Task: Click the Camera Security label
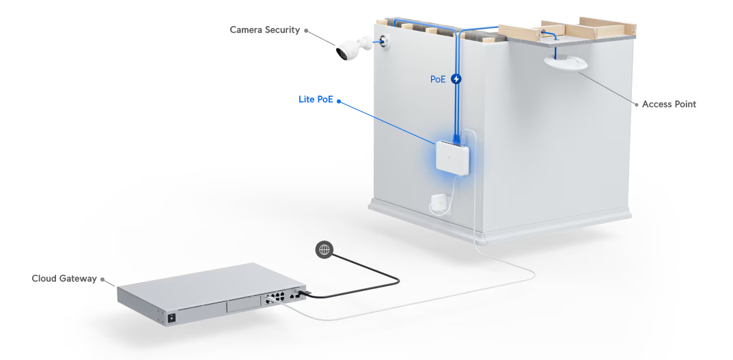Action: click(264, 30)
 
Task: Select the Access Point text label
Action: click(669, 105)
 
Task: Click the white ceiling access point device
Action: click(566, 63)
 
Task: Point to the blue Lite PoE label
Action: click(316, 100)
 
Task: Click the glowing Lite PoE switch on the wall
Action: click(452, 156)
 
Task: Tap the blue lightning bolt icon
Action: click(456, 79)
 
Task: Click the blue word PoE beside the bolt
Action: click(438, 79)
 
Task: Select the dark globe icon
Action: click(324, 249)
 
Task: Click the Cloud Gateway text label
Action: click(64, 279)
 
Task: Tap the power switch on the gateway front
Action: click(171, 318)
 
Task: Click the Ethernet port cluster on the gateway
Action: click(275, 297)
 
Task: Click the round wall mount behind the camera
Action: click(386, 41)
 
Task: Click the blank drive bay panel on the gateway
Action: click(243, 306)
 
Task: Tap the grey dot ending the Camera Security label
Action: click(306, 30)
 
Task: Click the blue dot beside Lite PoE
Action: click(339, 101)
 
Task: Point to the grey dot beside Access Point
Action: click(637, 105)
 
